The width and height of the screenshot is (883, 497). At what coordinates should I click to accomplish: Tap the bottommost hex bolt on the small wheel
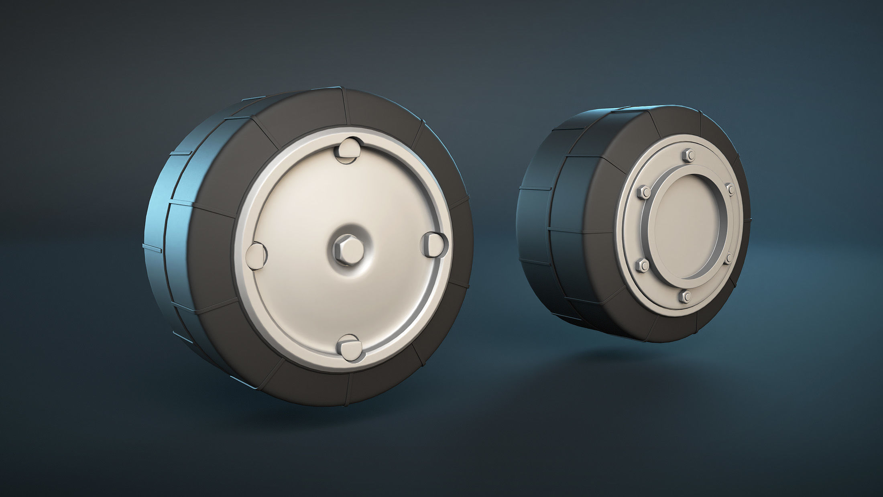coord(686,296)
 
